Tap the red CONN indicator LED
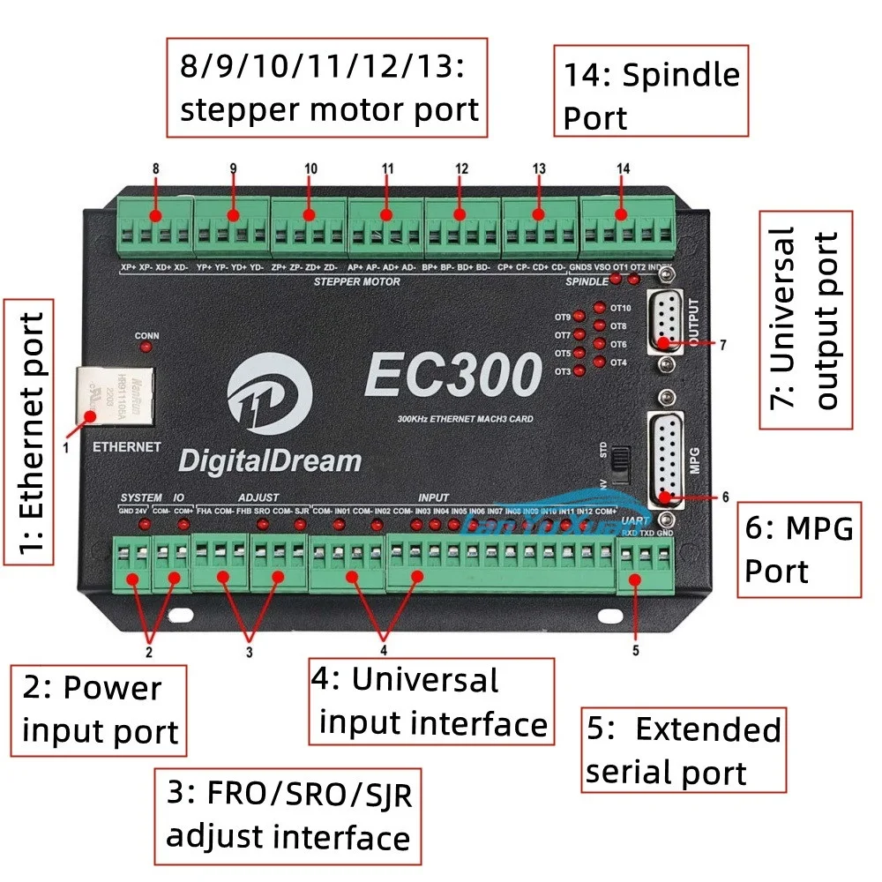pyautogui.click(x=146, y=347)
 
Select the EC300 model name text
pyautogui.click(x=452, y=376)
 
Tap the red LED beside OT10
pyautogui.click(x=600, y=308)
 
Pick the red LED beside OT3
pyautogui.click(x=579, y=371)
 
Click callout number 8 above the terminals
pyautogui.click(x=155, y=168)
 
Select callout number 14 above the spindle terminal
pyautogui.click(x=624, y=168)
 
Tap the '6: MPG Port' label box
pyautogui.click(x=798, y=550)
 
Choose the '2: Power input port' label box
pyautogui.click(x=100, y=710)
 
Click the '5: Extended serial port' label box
pyautogui.click(x=684, y=751)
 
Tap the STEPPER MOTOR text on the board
pyautogui.click(x=356, y=282)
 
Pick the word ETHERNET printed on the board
pyautogui.click(x=127, y=447)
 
